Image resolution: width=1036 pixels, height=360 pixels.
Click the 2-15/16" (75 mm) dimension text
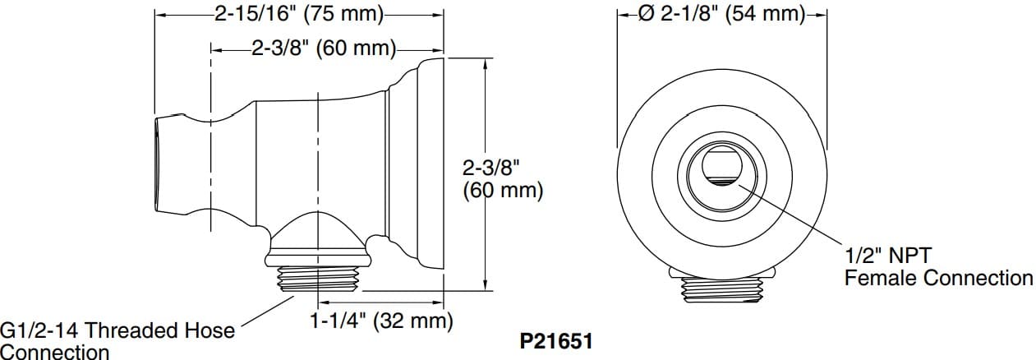(x=299, y=14)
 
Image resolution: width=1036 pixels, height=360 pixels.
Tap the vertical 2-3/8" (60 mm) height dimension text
(x=502, y=179)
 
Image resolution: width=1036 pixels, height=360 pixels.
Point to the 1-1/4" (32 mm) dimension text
(x=381, y=321)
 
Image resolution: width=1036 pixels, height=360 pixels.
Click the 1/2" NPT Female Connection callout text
(x=938, y=266)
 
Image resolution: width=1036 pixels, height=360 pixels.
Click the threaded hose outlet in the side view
(x=316, y=280)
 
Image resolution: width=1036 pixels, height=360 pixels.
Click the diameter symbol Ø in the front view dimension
(x=647, y=14)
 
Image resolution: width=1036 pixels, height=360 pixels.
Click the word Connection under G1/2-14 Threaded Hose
(x=54, y=352)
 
